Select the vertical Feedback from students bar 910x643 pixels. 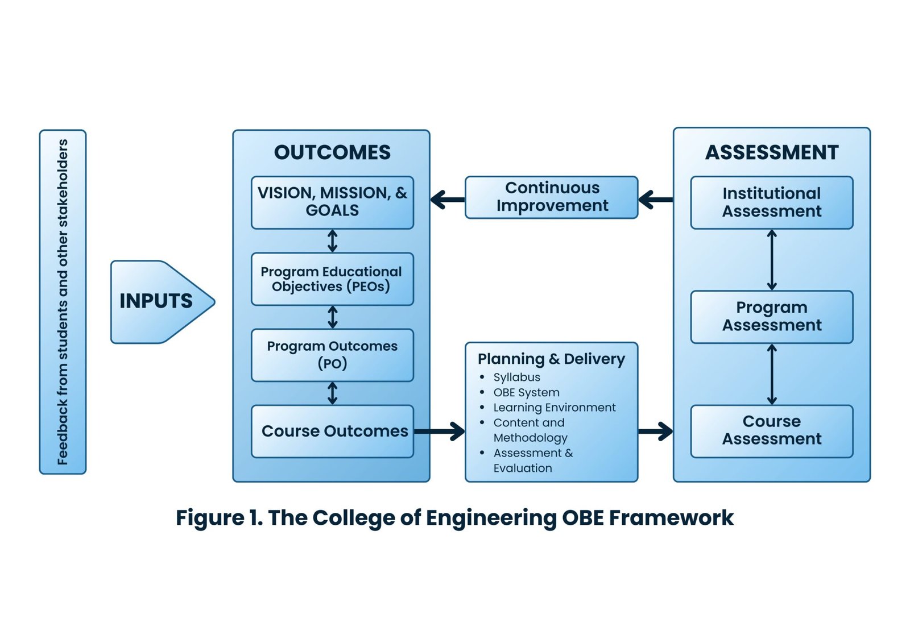(63, 302)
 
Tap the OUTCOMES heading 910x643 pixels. (332, 152)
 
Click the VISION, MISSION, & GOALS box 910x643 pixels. (332, 202)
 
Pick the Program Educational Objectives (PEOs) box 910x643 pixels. (332, 279)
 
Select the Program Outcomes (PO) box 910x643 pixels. (332, 355)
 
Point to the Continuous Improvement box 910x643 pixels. (552, 197)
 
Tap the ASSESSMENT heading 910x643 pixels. (772, 152)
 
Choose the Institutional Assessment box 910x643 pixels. (772, 202)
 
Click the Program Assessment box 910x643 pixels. (772, 317)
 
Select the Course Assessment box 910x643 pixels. (772, 430)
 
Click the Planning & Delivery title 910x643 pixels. (551, 359)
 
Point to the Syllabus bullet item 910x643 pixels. (516, 377)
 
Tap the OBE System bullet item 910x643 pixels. (526, 392)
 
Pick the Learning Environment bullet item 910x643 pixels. (554, 408)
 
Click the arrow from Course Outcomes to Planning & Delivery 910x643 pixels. (440, 431)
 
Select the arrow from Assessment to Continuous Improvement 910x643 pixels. (655, 200)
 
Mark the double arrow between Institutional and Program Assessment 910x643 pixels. (772, 260)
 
